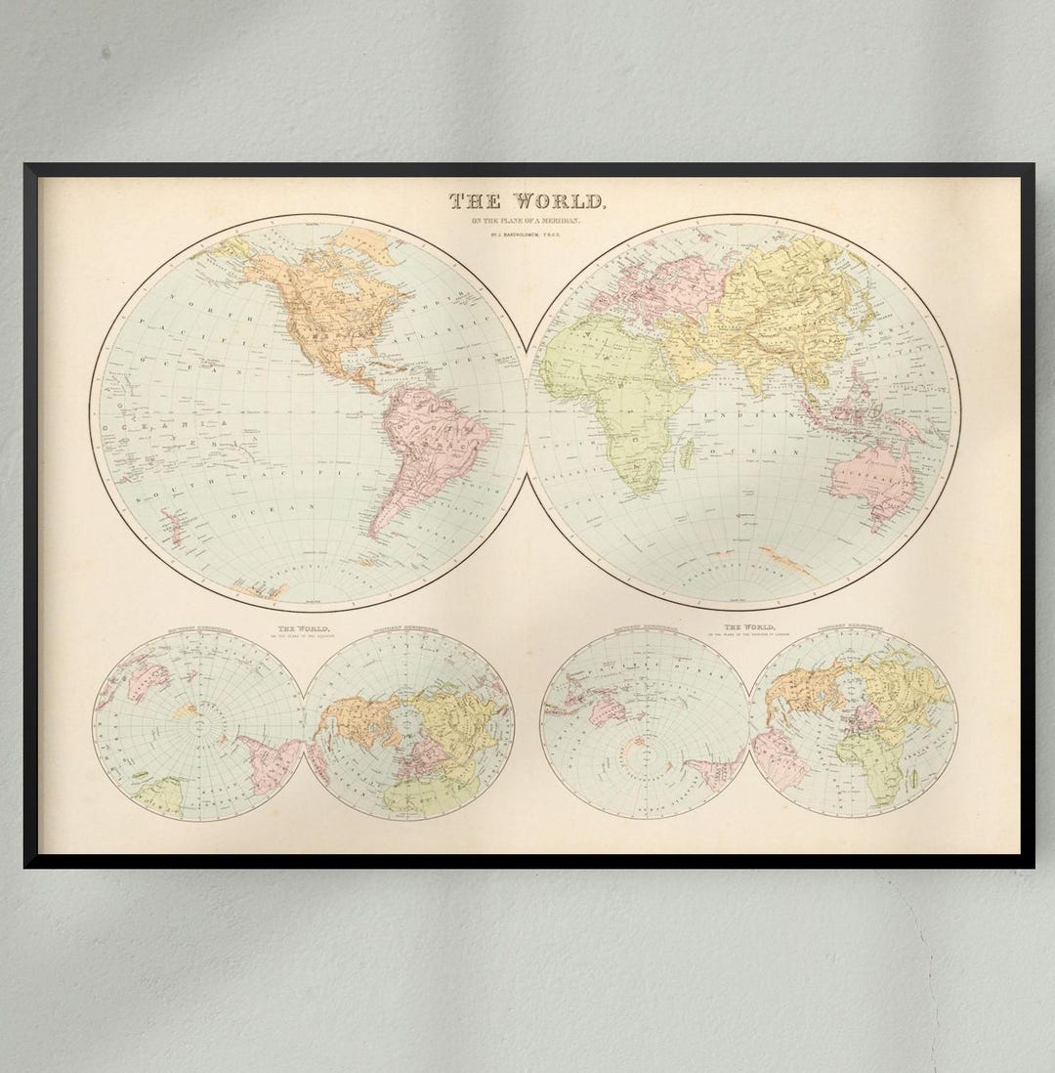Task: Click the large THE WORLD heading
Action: tap(527, 202)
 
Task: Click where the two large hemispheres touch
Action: tap(527, 410)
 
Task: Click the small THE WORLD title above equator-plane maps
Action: tap(303, 628)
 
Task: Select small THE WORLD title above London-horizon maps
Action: tap(749, 626)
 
